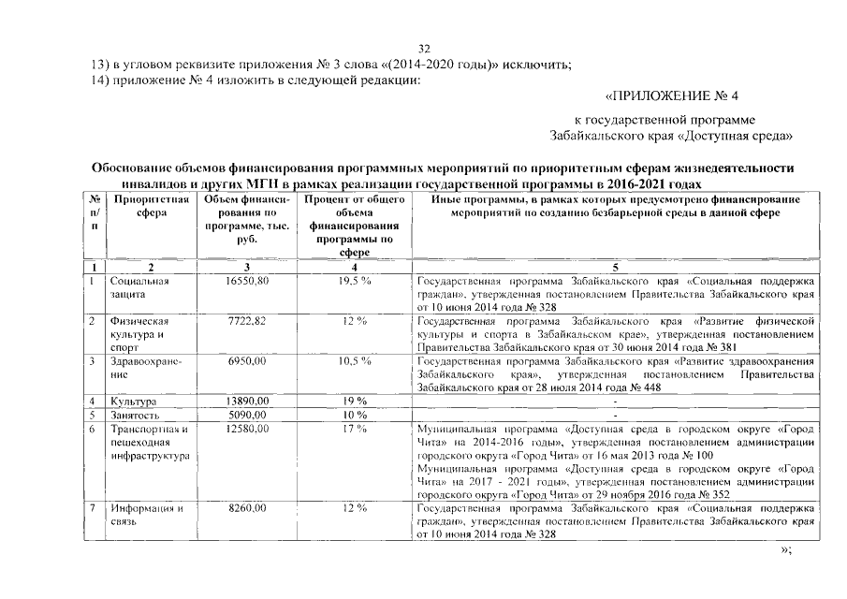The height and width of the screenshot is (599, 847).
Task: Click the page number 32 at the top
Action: (x=423, y=49)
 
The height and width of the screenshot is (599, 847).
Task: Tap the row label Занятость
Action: (x=136, y=415)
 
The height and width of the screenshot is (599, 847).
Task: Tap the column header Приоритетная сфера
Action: (x=150, y=207)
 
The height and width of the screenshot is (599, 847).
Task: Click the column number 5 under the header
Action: (x=615, y=267)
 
